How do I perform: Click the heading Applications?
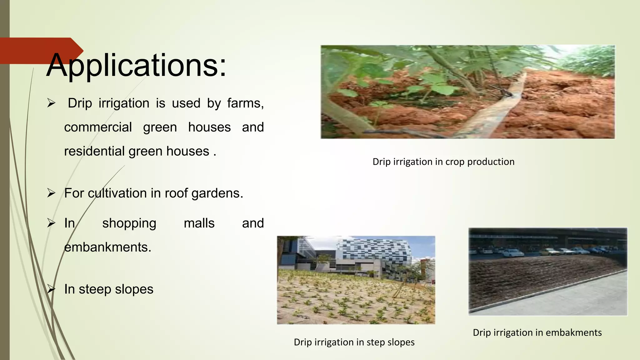click(136, 66)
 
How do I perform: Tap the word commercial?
click(98, 127)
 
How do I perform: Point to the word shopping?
click(129, 223)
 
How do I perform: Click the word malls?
click(199, 223)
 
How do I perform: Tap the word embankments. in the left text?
click(107, 247)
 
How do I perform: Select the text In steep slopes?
click(108, 289)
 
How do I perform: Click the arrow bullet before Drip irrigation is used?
click(51, 103)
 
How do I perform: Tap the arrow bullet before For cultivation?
click(51, 193)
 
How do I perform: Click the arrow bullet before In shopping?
click(51, 223)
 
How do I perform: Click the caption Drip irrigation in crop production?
click(443, 162)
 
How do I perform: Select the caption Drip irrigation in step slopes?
click(354, 342)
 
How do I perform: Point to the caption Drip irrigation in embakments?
click(537, 332)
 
